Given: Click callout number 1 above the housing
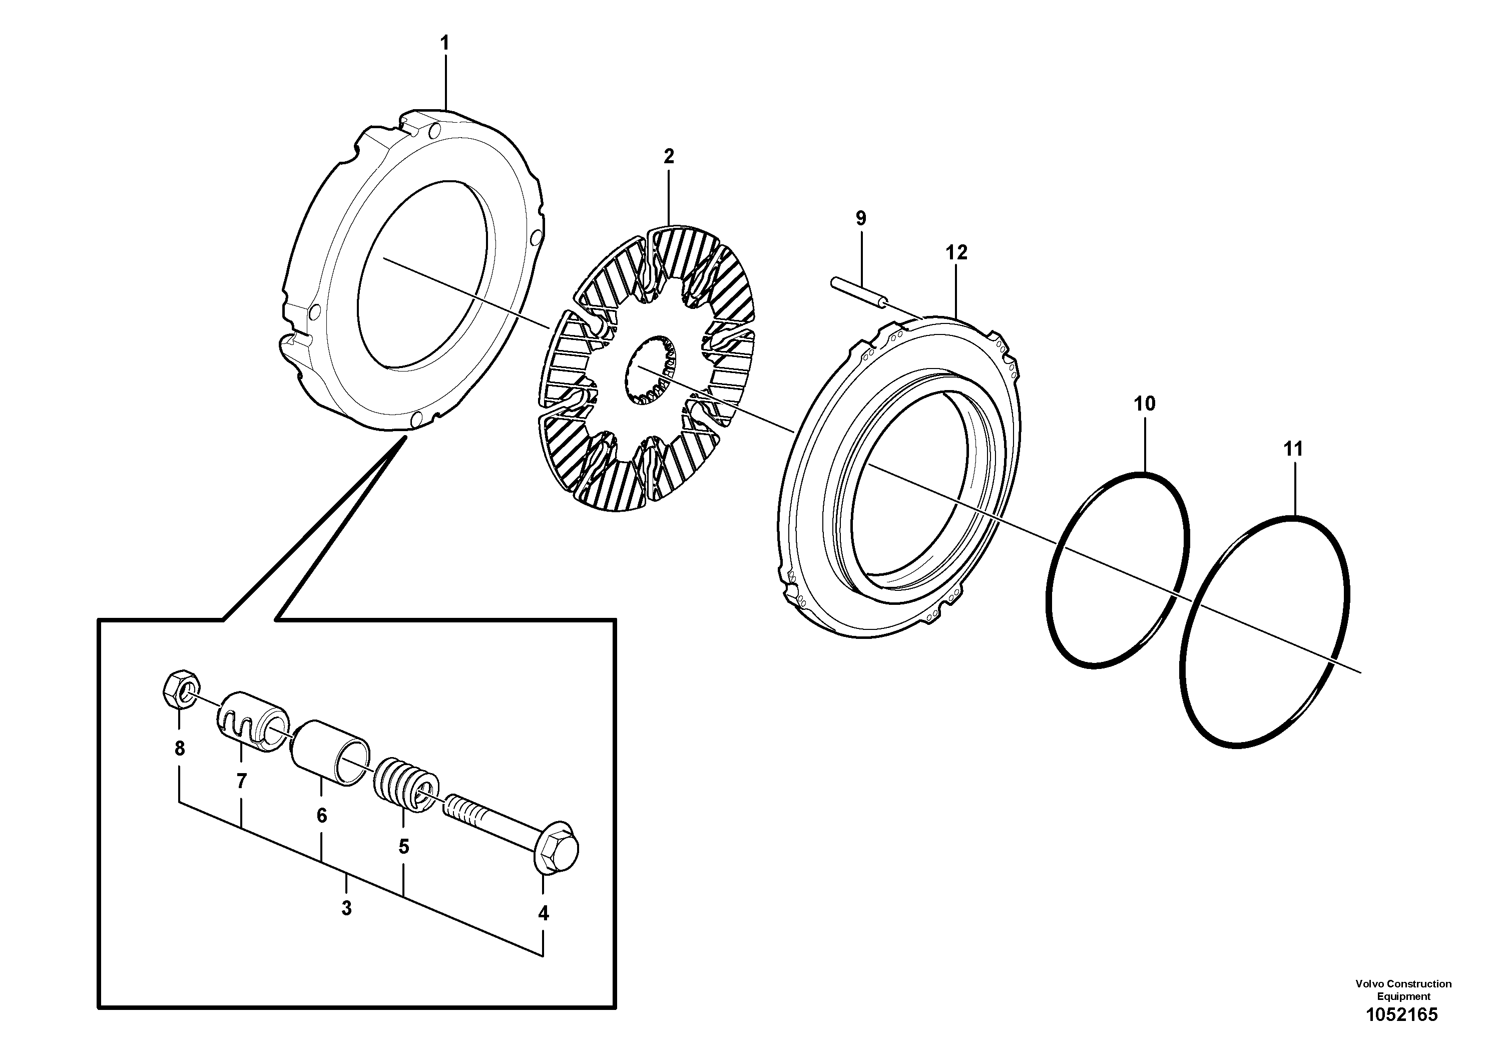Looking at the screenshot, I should coord(444,44).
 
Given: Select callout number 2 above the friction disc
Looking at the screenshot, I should coord(669,156).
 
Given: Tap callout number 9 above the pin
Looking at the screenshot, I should coord(860,219).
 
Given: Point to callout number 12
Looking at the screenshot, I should coord(956,252).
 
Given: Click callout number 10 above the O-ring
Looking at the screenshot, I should coord(1144,404).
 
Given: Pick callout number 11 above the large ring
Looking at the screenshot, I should coord(1293,449).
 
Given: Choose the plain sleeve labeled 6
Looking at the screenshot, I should coord(330,753).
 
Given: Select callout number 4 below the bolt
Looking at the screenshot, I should coord(543,913).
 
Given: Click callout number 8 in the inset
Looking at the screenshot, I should coord(180,749).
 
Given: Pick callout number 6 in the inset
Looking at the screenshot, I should coord(321,815).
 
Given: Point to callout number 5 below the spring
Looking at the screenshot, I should coord(403,847).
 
